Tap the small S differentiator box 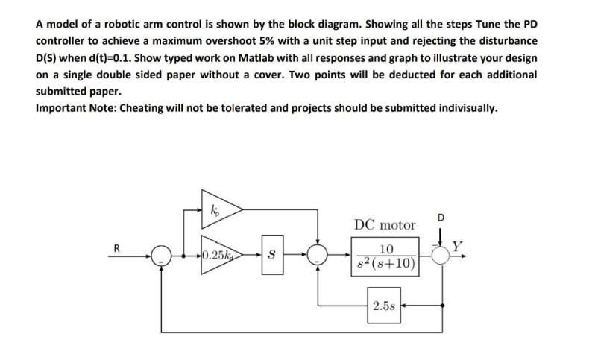(x=271, y=256)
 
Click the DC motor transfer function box (x=387, y=256)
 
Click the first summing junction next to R (x=160, y=256)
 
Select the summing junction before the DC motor (x=319, y=256)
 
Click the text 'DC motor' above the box (x=385, y=224)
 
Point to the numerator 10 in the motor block (x=386, y=250)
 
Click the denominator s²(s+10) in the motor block (x=387, y=264)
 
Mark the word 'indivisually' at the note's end (x=462, y=108)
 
